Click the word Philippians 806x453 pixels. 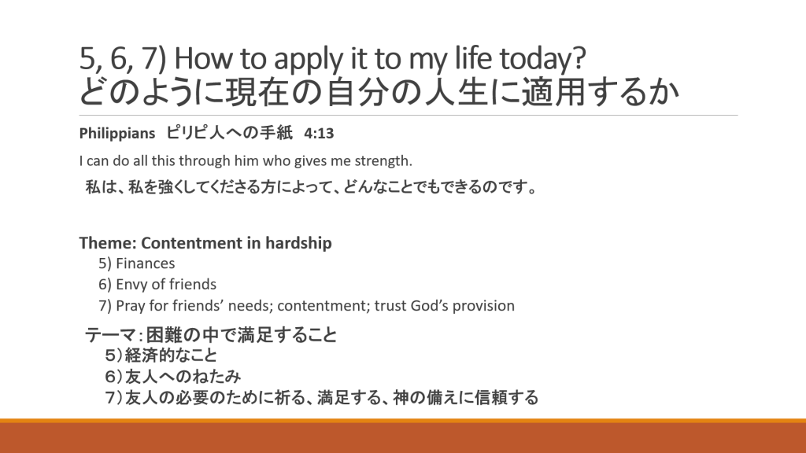tap(116, 134)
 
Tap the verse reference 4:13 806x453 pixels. tap(319, 134)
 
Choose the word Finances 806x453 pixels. tap(145, 263)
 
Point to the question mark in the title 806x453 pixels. tap(579, 58)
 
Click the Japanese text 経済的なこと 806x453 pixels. tap(171, 355)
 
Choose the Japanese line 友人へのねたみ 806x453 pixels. tap(183, 377)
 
